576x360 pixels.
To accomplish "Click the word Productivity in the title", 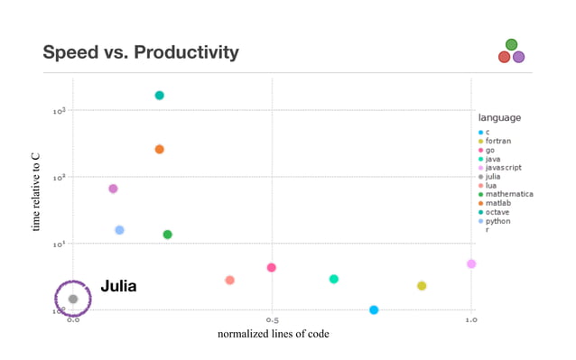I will pyautogui.click(x=187, y=52).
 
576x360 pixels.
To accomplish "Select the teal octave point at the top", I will pyautogui.click(x=159, y=95).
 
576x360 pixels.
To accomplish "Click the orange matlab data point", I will pyautogui.click(x=159, y=149).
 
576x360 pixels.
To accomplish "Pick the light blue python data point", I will pyautogui.click(x=119, y=230).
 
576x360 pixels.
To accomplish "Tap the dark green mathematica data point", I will pyautogui.click(x=167, y=235).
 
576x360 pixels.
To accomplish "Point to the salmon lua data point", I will pyautogui.click(x=229, y=280).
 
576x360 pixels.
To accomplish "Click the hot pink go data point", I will pyautogui.click(x=271, y=267).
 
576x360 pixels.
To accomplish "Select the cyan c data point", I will pyautogui.click(x=374, y=309).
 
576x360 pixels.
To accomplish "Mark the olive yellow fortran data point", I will pyautogui.click(x=422, y=286).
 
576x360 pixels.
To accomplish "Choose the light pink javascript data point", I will pyautogui.click(x=471, y=263).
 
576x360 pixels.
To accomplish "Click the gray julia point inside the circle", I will pyautogui.click(x=73, y=299).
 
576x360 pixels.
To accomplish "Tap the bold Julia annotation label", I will pyautogui.click(x=118, y=286).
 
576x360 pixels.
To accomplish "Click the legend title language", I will pyautogui.click(x=499, y=117).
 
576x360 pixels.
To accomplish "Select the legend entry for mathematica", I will pyautogui.click(x=509, y=194).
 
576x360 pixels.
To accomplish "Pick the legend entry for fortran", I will pyautogui.click(x=498, y=141).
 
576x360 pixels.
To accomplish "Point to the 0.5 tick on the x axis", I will pyautogui.click(x=271, y=319).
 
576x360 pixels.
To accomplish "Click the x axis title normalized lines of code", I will pyautogui.click(x=273, y=335).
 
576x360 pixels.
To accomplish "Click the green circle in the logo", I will pyautogui.click(x=512, y=44).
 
